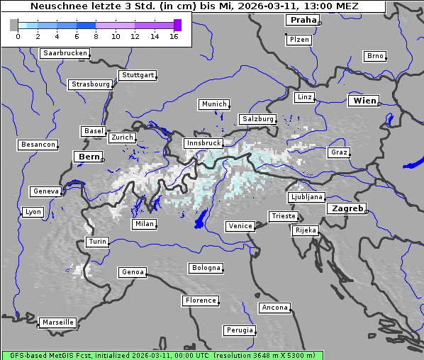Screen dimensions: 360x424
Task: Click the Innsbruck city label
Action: pyautogui.click(x=203, y=143)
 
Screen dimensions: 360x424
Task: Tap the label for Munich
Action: pyautogui.click(x=214, y=104)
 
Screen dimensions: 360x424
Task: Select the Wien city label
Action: pyautogui.click(x=364, y=101)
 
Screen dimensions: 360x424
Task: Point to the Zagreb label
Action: pyautogui.click(x=347, y=208)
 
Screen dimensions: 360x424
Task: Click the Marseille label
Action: pyautogui.click(x=57, y=322)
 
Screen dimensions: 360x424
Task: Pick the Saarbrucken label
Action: pyautogui.click(x=65, y=53)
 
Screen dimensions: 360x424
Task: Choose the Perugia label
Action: pyautogui.click(x=239, y=330)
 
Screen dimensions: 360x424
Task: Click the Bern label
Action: pyautogui.click(x=89, y=157)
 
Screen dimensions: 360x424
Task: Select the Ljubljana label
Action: pyautogui.click(x=306, y=197)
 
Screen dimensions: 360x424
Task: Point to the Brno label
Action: pyautogui.click(x=374, y=56)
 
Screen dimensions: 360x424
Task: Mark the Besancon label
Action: pyautogui.click(x=38, y=145)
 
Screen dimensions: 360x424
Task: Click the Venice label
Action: pyautogui.click(x=240, y=226)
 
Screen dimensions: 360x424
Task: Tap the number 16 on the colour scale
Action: pyautogui.click(x=173, y=36)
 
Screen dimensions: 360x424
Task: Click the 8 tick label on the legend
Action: pyautogui.click(x=96, y=36)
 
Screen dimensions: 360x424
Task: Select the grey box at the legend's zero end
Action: pyautogui.click(x=13, y=25)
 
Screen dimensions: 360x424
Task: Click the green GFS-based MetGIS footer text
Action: pyautogui.click(x=162, y=355)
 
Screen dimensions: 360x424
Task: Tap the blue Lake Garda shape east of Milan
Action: pyautogui.click(x=201, y=219)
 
